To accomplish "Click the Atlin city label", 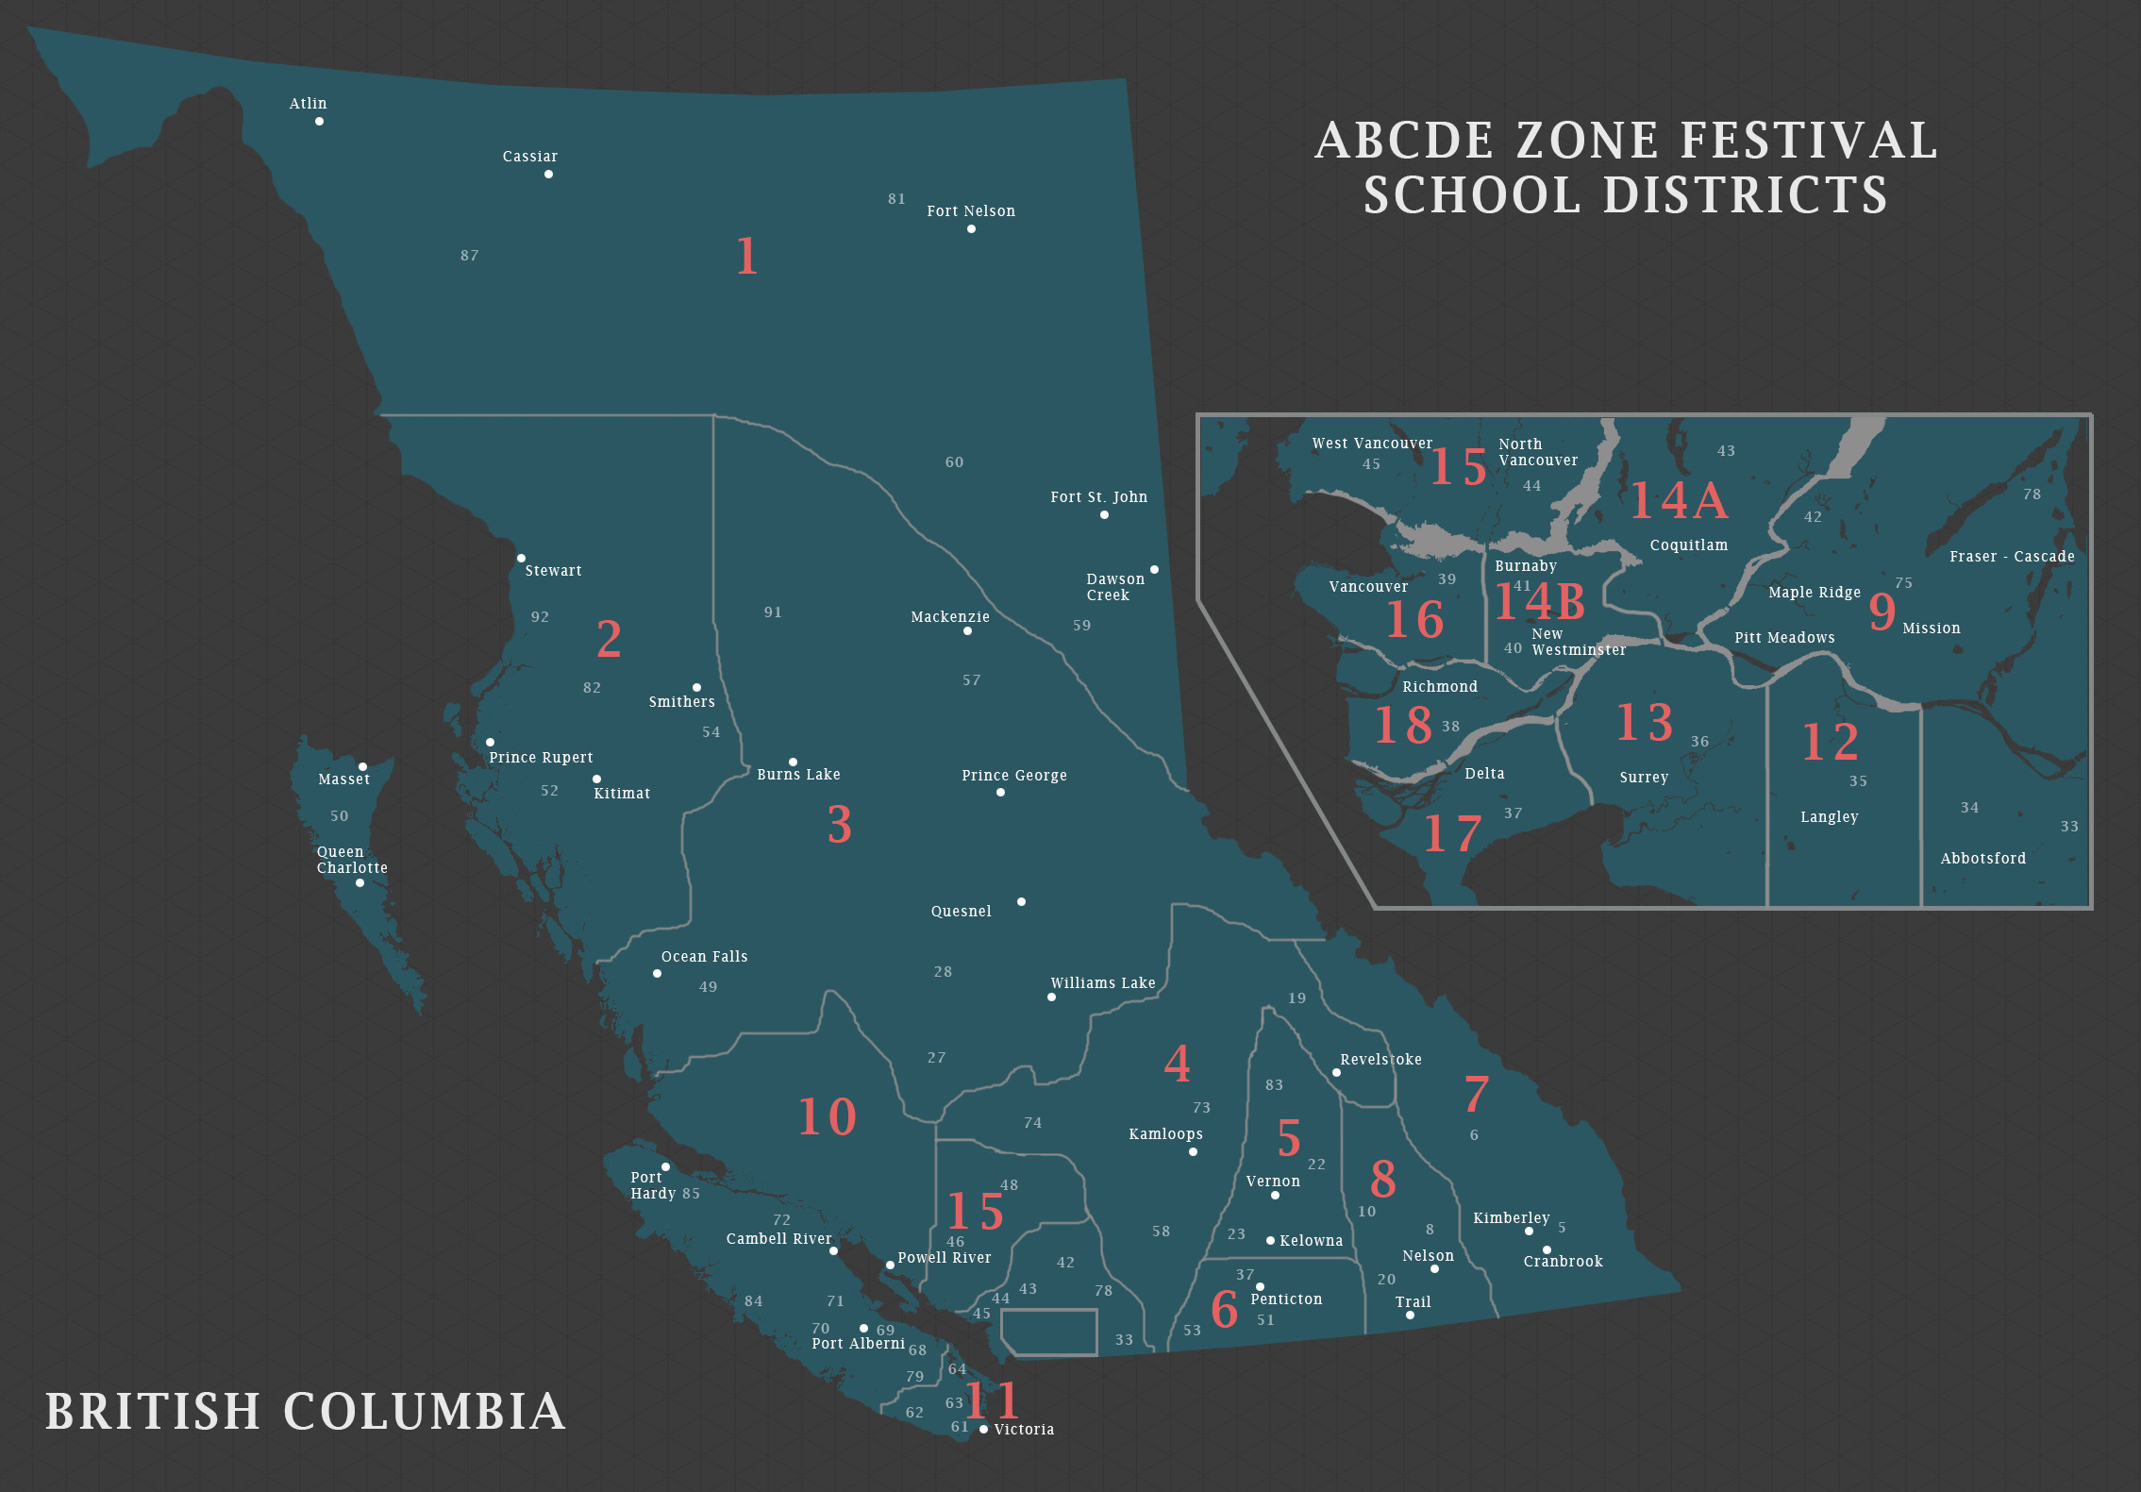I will pyautogui.click(x=308, y=104).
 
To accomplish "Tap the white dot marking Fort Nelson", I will pyautogui.click(x=971, y=228).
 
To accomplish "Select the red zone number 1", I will pyautogui.click(x=746, y=256).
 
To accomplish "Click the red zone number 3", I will pyautogui.click(x=839, y=825).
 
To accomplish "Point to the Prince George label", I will pyautogui.click(x=1013, y=776).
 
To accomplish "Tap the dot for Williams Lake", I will pyautogui.click(x=1051, y=997).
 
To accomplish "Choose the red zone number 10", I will pyautogui.click(x=827, y=1116).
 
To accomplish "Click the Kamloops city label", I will pyautogui.click(x=1165, y=1134).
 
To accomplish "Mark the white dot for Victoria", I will pyautogui.click(x=983, y=1429).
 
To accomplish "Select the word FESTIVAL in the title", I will pyautogui.click(x=1809, y=141).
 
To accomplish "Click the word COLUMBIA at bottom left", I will pyautogui.click(x=424, y=1412).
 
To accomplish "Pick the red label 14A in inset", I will pyautogui.click(x=1679, y=500).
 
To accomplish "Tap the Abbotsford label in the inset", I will pyautogui.click(x=1982, y=859).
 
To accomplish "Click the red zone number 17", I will pyautogui.click(x=1451, y=834).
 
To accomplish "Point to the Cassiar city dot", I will pyautogui.click(x=548, y=174).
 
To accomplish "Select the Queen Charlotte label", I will pyautogui.click(x=351, y=860).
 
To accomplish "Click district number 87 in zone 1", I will pyautogui.click(x=469, y=256).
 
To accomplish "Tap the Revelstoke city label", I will pyautogui.click(x=1380, y=1060).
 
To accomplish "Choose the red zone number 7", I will pyautogui.click(x=1476, y=1094).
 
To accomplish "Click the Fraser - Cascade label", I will pyautogui.click(x=2012, y=557).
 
